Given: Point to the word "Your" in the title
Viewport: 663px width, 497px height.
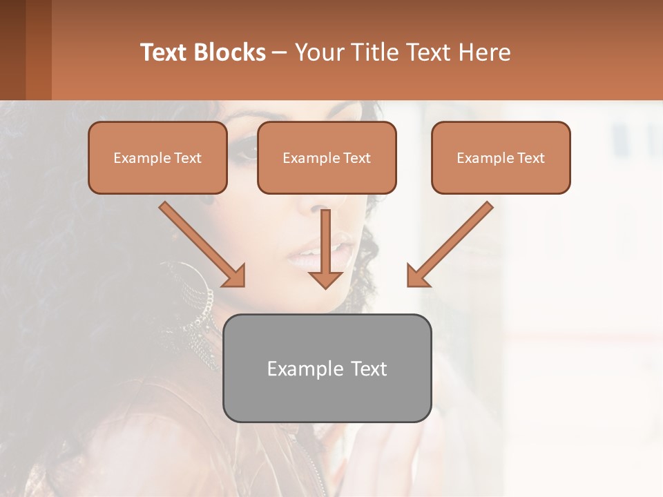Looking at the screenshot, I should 320,52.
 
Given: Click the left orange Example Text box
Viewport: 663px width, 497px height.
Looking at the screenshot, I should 157,158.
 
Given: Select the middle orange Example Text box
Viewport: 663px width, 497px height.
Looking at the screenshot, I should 327,158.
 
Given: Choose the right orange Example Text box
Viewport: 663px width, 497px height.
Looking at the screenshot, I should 501,158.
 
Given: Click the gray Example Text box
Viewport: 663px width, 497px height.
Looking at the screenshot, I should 327,368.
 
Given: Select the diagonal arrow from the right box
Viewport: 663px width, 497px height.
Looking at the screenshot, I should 450,244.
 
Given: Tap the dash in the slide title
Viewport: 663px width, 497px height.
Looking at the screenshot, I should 280,53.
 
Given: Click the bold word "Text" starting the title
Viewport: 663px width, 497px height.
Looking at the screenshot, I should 164,52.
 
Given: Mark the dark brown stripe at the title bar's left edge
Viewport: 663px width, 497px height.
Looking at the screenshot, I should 12,50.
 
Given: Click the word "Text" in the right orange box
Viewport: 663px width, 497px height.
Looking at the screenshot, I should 531,158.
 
